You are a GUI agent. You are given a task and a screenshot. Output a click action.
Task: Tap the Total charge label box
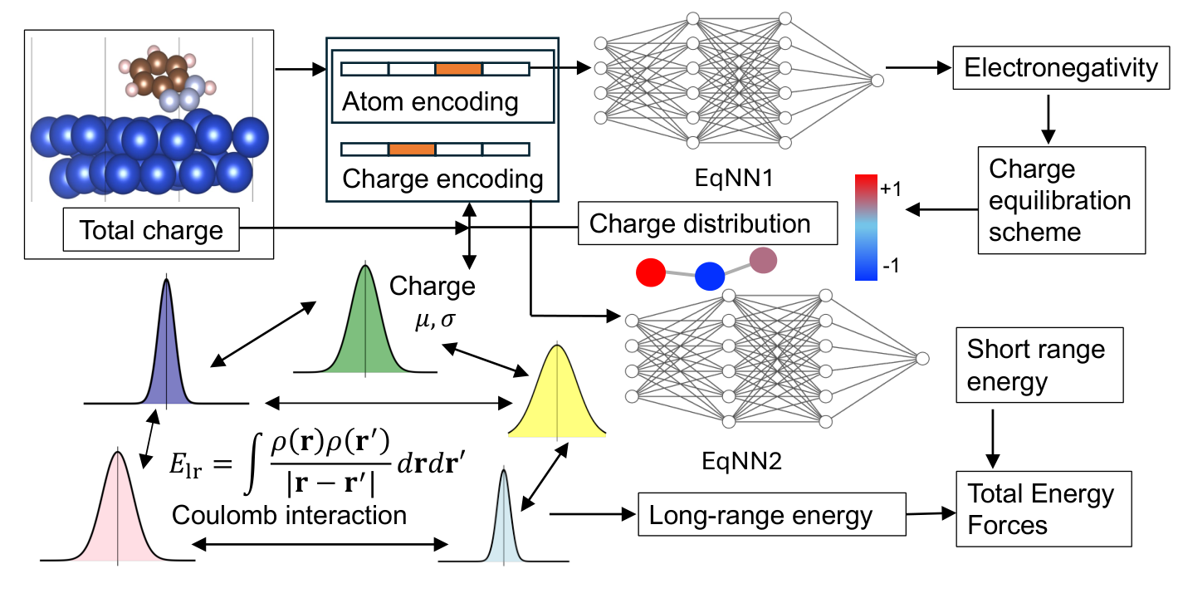[x=151, y=230]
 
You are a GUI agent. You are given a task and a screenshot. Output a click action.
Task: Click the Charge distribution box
[x=707, y=224]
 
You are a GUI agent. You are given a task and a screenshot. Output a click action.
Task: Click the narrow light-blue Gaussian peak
[x=502, y=523]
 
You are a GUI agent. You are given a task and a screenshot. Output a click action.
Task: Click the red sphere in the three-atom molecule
[x=652, y=273]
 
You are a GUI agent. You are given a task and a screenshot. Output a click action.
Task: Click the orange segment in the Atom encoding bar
[x=458, y=69]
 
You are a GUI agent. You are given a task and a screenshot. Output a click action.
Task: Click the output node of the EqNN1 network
[x=877, y=80]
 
